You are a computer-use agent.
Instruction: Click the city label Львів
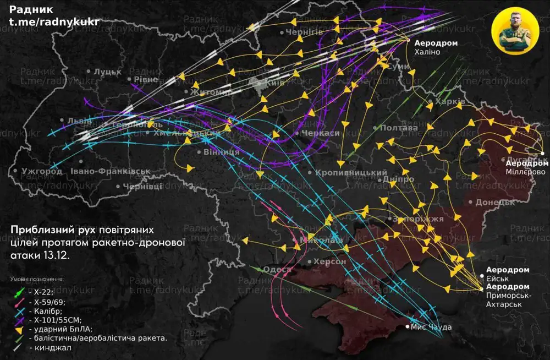click(75, 121)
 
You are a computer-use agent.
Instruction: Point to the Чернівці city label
click(142, 187)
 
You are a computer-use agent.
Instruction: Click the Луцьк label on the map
click(107, 71)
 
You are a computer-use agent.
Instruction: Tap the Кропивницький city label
click(351, 172)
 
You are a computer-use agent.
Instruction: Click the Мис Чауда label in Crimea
click(431, 327)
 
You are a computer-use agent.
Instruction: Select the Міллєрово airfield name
click(526, 172)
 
